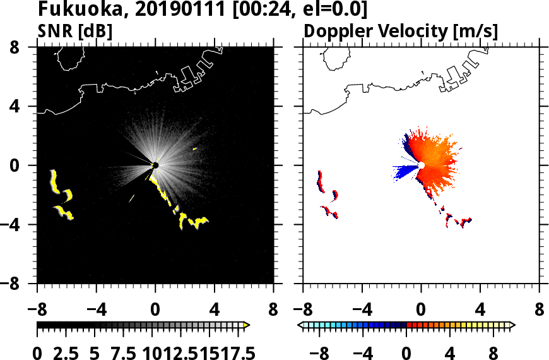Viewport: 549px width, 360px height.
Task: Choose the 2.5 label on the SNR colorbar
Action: point(70,354)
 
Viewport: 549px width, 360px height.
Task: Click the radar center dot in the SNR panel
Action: point(155,165)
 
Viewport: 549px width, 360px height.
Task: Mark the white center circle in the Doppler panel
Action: point(422,165)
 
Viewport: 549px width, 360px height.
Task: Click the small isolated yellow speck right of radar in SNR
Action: point(194,148)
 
